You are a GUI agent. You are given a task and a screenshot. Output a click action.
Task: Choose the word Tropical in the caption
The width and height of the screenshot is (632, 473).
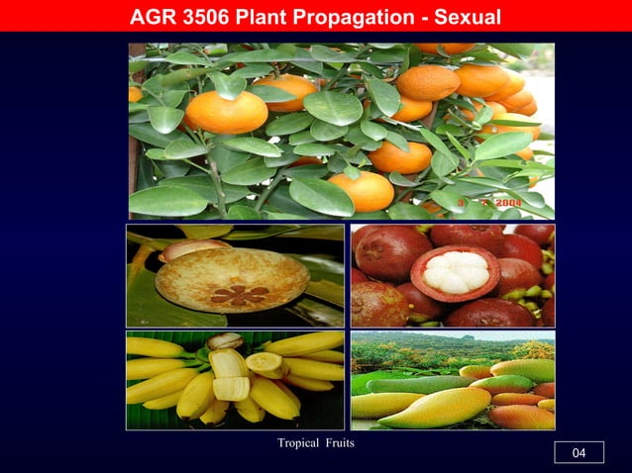click(x=299, y=442)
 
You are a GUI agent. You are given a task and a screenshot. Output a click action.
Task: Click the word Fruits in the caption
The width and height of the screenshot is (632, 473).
click(x=338, y=442)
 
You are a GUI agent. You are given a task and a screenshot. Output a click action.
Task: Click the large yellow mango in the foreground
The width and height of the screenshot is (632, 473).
click(x=436, y=407)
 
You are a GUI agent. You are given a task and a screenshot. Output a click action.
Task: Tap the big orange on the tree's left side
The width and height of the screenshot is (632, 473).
click(x=226, y=112)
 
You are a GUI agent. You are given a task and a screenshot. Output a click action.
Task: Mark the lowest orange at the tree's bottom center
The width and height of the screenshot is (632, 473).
click(x=362, y=191)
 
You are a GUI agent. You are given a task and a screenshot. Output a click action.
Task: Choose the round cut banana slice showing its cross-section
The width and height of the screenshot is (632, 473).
click(x=264, y=363)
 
